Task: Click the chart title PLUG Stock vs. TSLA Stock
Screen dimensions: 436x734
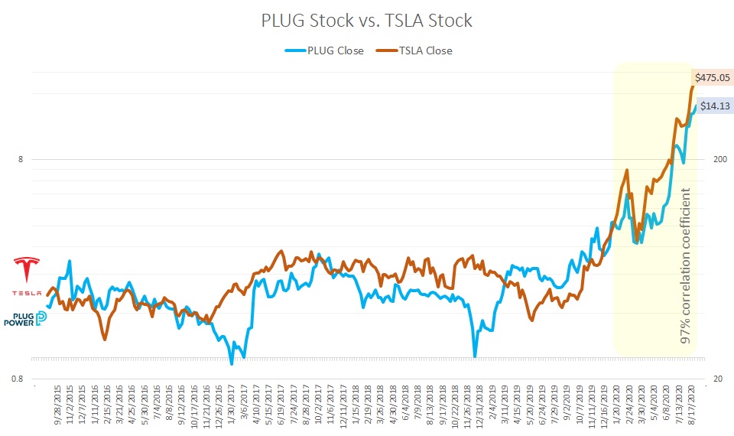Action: click(x=366, y=21)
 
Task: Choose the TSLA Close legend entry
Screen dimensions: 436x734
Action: click(x=417, y=51)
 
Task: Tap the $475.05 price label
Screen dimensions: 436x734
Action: click(x=710, y=76)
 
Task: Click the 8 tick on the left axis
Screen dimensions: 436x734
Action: click(x=20, y=160)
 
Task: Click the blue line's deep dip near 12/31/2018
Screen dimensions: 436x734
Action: click(x=475, y=356)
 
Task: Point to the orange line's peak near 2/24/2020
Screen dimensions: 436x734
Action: click(x=627, y=171)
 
